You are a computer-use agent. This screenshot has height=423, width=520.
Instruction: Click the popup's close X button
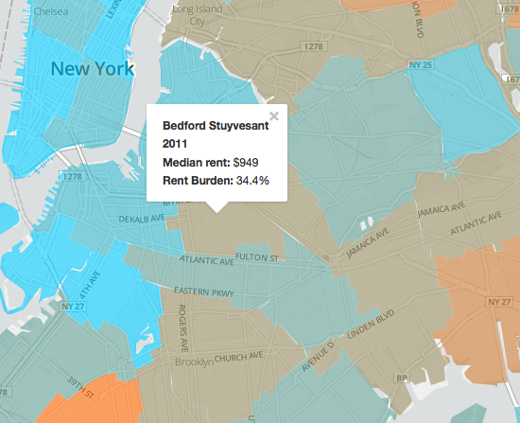(274, 115)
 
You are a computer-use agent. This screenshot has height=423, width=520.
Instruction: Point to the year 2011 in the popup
(176, 143)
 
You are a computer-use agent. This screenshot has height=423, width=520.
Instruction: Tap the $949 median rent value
(246, 161)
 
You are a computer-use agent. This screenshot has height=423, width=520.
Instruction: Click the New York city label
(93, 68)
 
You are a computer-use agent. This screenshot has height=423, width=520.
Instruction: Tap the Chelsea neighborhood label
(51, 13)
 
